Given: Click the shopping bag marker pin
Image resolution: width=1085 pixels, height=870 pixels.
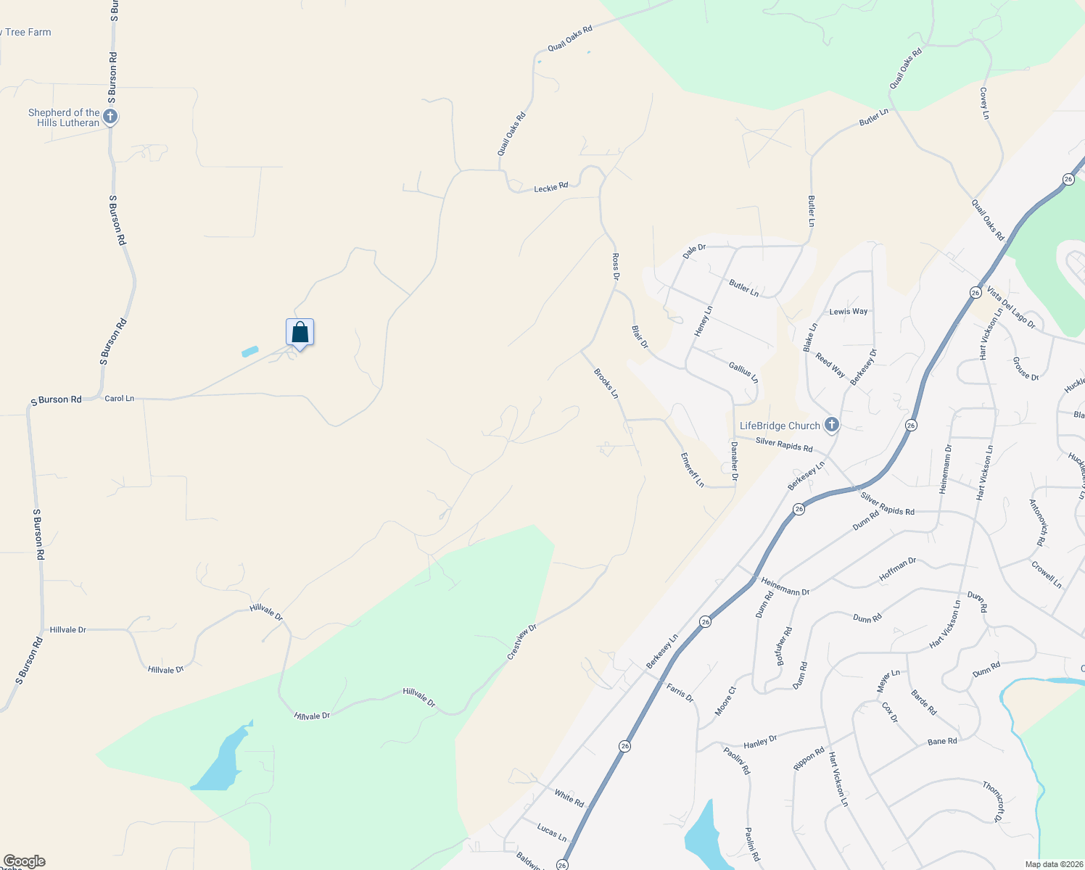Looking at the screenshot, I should pos(300,333).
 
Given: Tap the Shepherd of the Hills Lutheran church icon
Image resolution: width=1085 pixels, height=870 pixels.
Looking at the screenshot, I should pos(110,117).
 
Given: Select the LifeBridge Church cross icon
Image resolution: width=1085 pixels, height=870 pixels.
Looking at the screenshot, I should pos(832,425).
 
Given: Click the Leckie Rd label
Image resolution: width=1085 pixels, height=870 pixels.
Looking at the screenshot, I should pos(551,188).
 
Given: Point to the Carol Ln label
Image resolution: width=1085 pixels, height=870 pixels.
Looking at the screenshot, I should pos(120,399).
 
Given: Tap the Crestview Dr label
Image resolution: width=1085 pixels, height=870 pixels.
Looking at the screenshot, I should pos(522,642).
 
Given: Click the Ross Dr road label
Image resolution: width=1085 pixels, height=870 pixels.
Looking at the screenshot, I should pos(616,267).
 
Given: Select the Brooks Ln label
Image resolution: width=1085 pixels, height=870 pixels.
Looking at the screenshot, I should pos(606,384).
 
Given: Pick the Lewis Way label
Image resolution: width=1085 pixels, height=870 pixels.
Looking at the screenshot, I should pos(849,312).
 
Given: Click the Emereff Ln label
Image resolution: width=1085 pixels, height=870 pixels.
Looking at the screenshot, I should pos(693,470).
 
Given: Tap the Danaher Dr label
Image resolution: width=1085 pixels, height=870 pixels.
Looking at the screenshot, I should pos(734,461).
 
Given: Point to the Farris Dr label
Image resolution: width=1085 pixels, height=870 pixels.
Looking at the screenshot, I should pos(680,692).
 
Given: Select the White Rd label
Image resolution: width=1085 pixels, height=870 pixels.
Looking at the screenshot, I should pos(569,798).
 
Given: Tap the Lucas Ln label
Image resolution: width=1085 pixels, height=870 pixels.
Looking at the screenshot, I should pos(552,831).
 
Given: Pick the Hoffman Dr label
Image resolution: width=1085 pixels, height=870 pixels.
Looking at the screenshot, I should pos(898,569).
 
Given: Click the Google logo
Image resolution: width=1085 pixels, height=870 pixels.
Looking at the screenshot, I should pos(24,861).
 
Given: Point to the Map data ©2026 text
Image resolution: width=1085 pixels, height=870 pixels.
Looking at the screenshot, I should pos(1052,864).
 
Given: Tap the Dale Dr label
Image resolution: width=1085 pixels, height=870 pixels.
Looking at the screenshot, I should pos(695,252).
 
